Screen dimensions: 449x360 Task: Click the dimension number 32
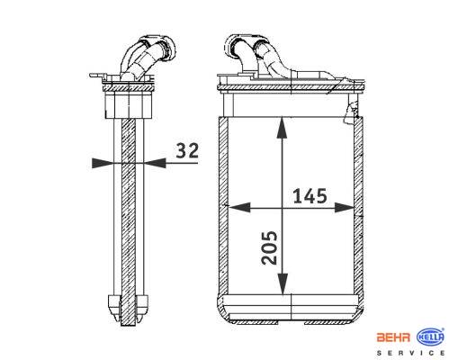(187, 150)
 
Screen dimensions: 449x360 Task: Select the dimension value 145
(310, 196)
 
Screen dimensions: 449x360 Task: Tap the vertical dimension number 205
(269, 247)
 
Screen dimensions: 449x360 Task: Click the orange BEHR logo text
(393, 337)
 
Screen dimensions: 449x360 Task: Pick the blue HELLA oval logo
(430, 337)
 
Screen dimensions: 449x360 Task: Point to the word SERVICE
(410, 353)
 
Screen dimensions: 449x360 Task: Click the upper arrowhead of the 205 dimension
(282, 128)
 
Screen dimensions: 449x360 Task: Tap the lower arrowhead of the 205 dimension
(283, 283)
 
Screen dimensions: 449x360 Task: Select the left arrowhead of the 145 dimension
(239, 207)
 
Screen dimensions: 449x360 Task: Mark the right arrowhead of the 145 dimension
(345, 207)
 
